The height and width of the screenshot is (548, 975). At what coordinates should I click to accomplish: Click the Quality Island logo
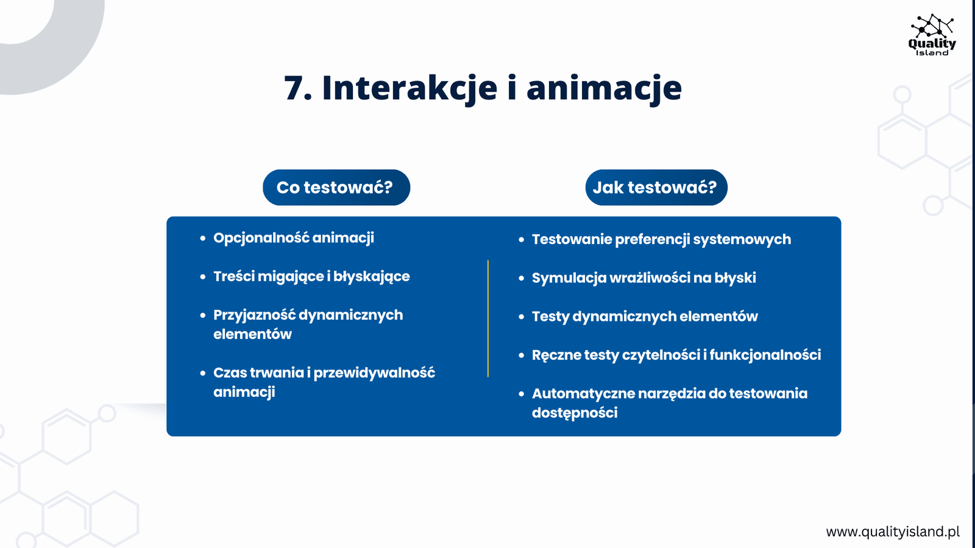coord(932,35)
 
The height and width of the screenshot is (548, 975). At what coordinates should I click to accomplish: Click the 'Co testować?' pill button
coord(336,188)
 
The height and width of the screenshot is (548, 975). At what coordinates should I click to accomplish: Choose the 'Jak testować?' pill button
coord(656,188)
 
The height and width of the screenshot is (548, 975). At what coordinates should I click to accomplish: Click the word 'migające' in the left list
coord(290,276)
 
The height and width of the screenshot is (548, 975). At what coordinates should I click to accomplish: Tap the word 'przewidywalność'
coord(374,373)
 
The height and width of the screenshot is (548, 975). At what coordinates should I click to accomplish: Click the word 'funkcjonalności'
coord(765,355)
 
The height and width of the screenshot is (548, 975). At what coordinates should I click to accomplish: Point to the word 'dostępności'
coord(575,413)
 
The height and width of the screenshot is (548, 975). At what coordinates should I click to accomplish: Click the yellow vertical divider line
coord(488,318)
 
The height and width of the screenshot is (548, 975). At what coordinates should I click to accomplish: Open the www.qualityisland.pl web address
coord(893,532)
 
